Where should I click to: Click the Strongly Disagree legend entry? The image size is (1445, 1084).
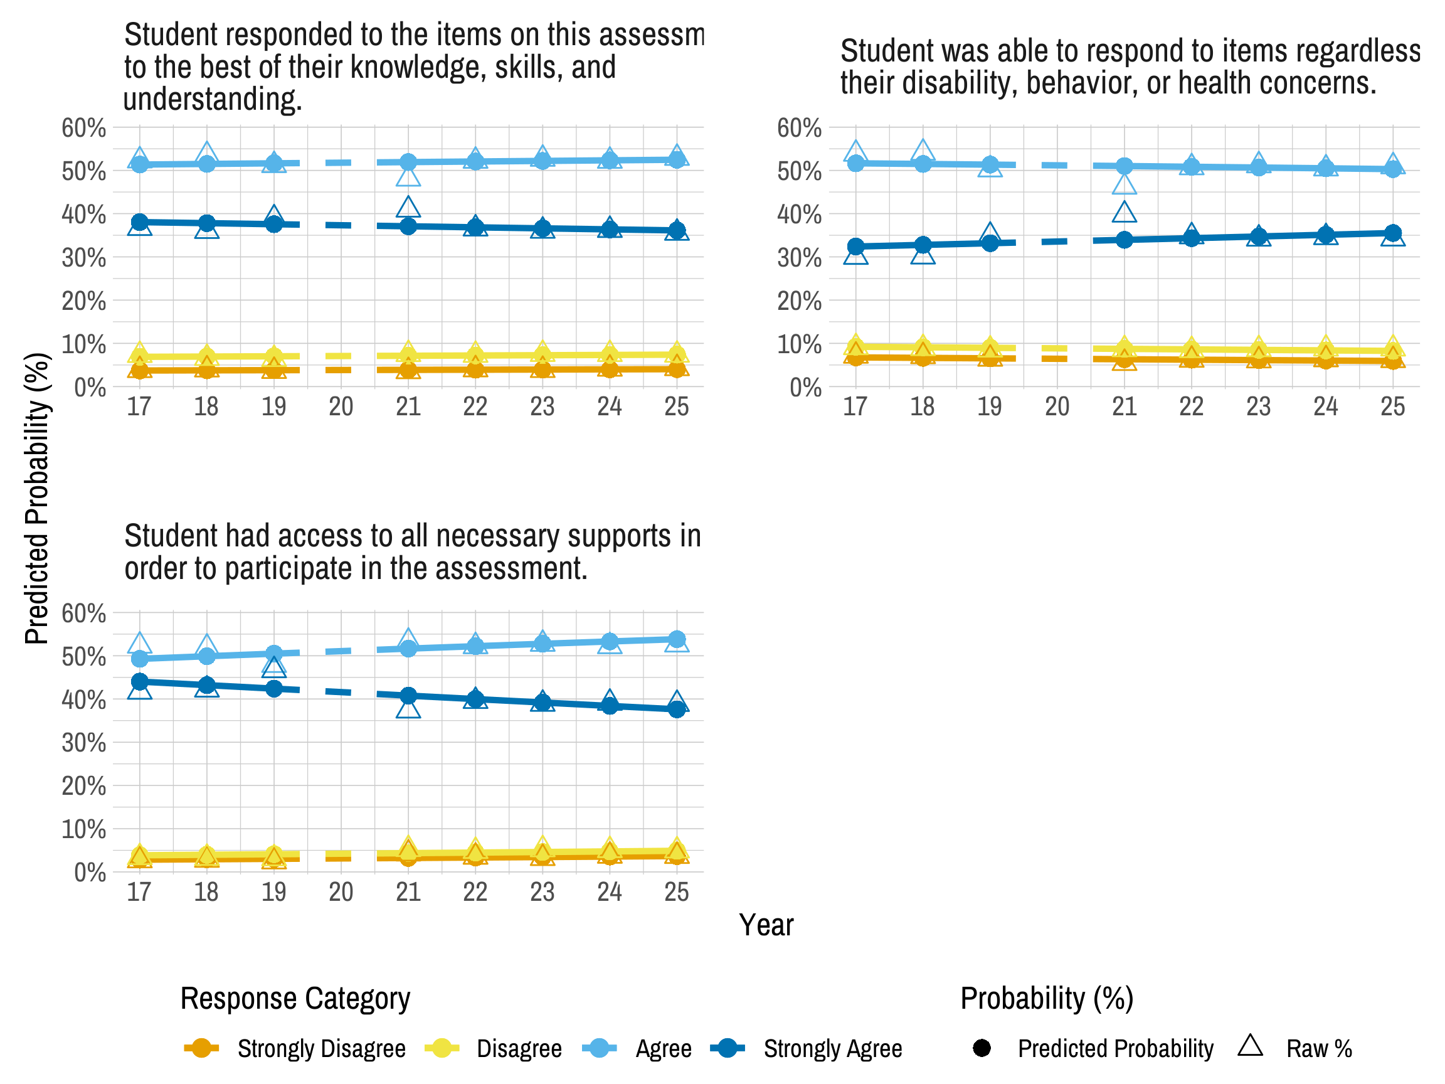pos(320,1049)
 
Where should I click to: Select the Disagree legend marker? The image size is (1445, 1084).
pos(442,1049)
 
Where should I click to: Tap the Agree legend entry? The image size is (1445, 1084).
pos(663,1049)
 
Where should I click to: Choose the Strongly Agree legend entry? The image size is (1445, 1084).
pos(832,1049)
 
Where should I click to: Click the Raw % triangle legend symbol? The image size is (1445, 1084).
pos(1250,1046)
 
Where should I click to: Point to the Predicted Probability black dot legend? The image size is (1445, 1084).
pos(981,1049)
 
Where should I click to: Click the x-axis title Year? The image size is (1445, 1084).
pos(766,925)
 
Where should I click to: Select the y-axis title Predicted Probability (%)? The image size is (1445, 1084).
pos(36,498)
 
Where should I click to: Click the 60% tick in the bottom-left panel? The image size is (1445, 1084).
pos(83,614)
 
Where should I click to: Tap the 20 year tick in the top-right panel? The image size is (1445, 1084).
pos(1056,407)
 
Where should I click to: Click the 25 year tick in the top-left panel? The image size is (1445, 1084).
pos(676,407)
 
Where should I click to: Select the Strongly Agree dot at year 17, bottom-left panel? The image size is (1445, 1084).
pos(139,681)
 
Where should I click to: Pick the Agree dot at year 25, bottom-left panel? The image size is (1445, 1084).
pos(677,639)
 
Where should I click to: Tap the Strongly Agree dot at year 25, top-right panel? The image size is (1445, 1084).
pos(1393,233)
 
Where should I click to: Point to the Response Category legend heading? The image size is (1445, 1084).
pos(295,999)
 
